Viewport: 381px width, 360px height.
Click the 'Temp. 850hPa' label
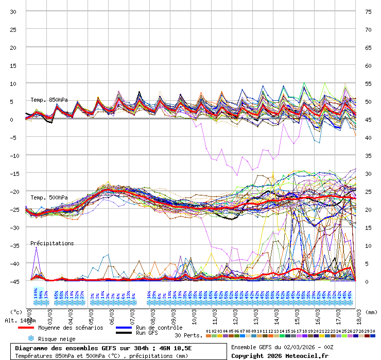click(x=48, y=100)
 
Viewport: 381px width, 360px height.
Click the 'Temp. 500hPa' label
click(x=48, y=197)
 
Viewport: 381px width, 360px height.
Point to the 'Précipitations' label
click(x=51, y=243)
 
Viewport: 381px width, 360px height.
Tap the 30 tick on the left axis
click(x=14, y=11)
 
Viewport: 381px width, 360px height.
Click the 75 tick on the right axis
click(x=368, y=11)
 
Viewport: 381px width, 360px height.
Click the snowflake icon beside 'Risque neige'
click(x=30, y=338)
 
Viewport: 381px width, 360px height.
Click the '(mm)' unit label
click(x=372, y=312)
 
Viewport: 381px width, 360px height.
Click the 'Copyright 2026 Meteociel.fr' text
click(x=280, y=355)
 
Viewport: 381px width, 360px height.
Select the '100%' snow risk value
click(x=35, y=294)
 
